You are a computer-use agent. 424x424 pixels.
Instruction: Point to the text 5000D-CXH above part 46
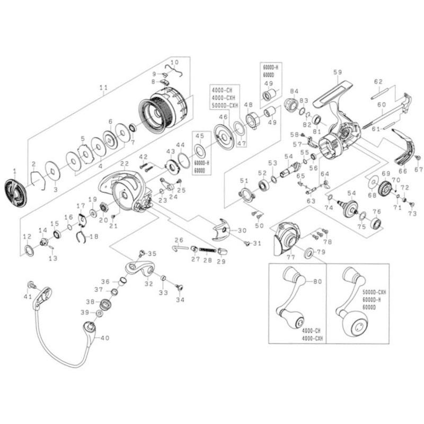tap(225, 105)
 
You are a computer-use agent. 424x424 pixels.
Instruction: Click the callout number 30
tap(242, 231)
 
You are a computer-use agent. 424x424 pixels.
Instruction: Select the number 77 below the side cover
tap(290, 257)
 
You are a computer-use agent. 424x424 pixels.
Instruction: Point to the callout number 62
tap(378, 82)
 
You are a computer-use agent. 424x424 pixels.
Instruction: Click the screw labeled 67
tap(418, 158)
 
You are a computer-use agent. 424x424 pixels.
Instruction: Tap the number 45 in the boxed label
tap(199, 135)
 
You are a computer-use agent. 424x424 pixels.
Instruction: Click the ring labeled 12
tap(29, 250)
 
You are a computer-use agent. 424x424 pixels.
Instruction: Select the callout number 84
tap(294, 91)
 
